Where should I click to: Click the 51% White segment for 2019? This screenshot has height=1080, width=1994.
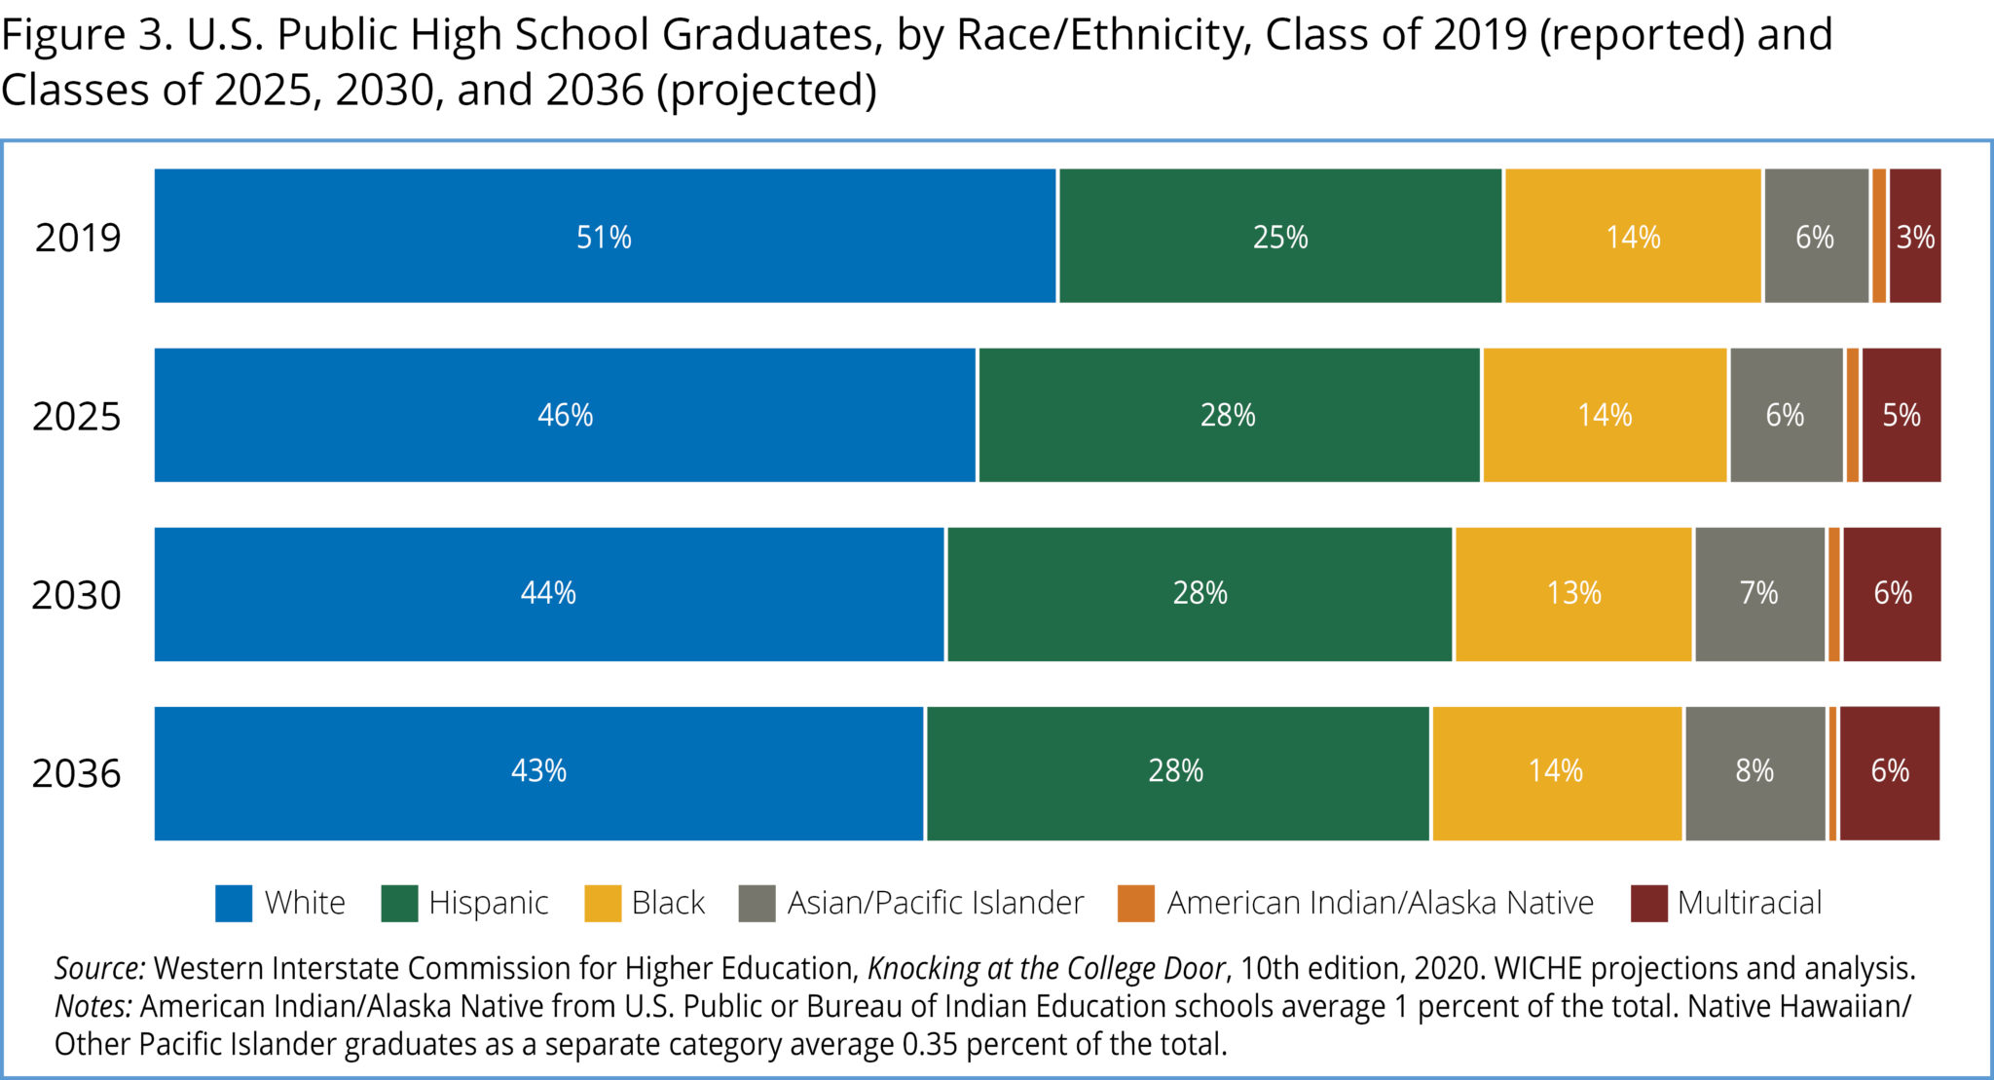604,236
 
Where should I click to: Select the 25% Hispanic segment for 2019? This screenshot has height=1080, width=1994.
1279,236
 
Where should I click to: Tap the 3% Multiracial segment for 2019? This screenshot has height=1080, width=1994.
1914,236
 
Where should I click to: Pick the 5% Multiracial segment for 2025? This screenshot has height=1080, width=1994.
1901,415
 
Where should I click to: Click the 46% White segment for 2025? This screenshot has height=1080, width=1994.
565,415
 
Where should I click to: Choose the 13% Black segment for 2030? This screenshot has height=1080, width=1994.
1573,593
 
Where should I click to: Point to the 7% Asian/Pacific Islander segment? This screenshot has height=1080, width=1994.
1758,593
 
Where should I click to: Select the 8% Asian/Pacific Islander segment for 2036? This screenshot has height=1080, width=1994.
1754,772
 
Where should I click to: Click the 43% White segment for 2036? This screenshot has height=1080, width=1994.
538,772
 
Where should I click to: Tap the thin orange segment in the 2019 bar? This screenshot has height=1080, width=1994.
1879,236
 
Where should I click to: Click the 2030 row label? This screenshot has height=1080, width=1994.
76,595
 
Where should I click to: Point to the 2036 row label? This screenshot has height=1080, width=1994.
76,774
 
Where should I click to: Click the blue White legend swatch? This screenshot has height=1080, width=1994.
234,903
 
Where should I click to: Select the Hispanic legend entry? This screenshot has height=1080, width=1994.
487,903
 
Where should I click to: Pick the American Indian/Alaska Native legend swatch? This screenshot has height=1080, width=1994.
1136,903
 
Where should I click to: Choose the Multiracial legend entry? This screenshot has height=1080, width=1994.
1748,903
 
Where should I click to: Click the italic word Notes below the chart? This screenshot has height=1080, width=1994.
93,1006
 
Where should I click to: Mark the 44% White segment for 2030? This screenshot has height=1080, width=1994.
548,593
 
